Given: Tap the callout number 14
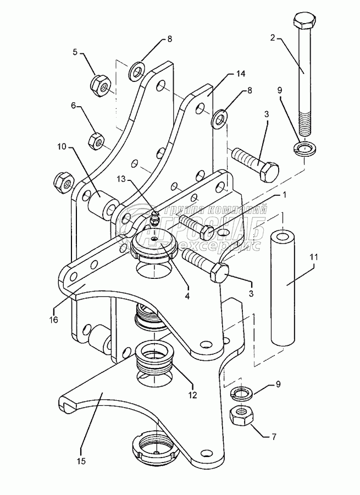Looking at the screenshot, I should (240, 73).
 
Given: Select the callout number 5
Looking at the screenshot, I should (75, 52).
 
